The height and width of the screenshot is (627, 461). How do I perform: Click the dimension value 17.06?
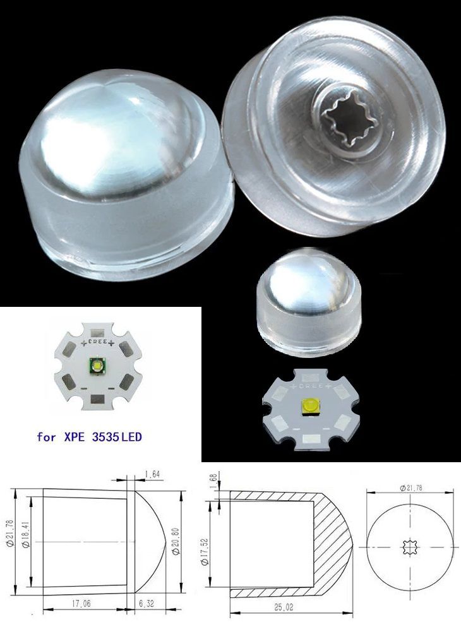(81, 604)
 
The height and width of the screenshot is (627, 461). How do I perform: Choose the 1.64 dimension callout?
(152, 474)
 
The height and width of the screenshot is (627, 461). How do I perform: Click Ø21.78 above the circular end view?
(412, 487)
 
